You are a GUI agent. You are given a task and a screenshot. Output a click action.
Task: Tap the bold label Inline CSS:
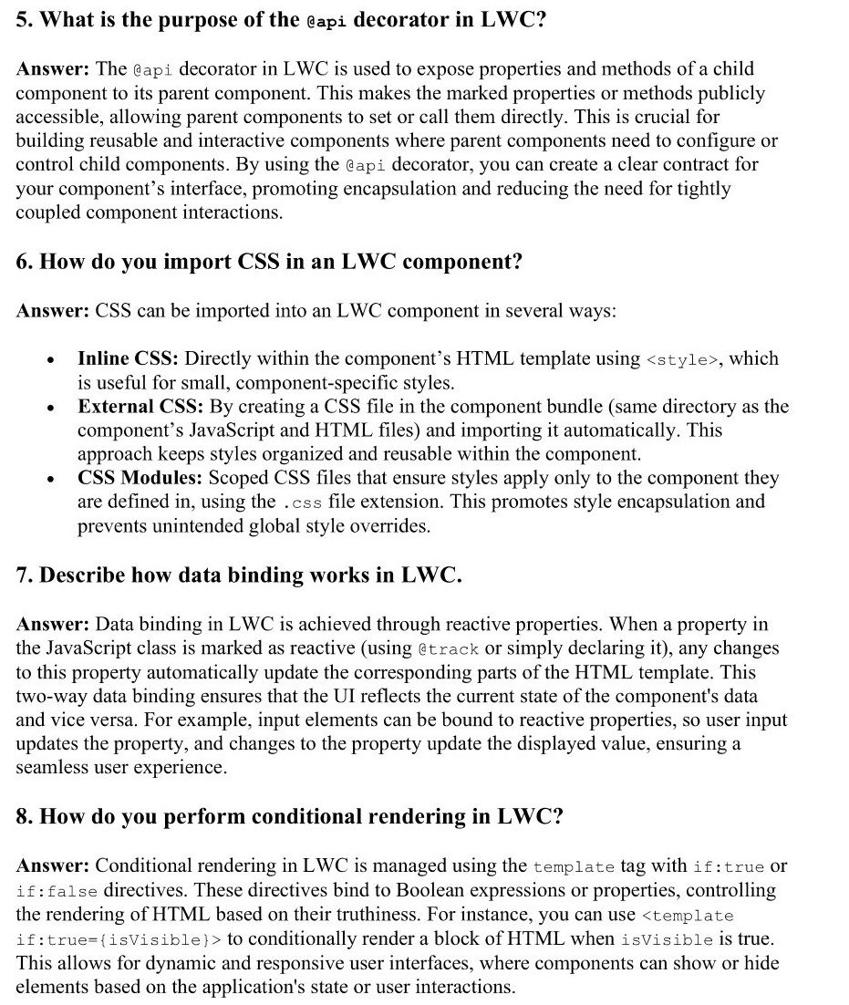click(128, 358)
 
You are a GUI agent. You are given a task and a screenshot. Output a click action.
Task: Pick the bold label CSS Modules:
click(140, 478)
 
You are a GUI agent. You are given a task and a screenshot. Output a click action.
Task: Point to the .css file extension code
click(302, 502)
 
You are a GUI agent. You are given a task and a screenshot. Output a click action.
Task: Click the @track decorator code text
click(447, 648)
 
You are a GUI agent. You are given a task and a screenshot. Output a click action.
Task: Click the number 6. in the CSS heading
click(25, 262)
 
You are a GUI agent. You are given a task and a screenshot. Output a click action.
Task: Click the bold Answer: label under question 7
click(52, 625)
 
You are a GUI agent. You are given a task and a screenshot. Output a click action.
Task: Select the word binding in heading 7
click(266, 575)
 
